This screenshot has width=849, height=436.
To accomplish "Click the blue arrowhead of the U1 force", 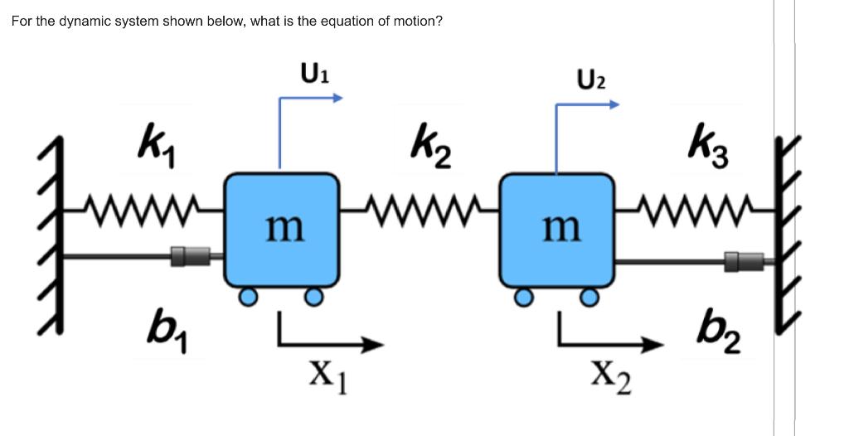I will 338,98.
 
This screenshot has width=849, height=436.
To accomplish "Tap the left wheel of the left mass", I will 246,297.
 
